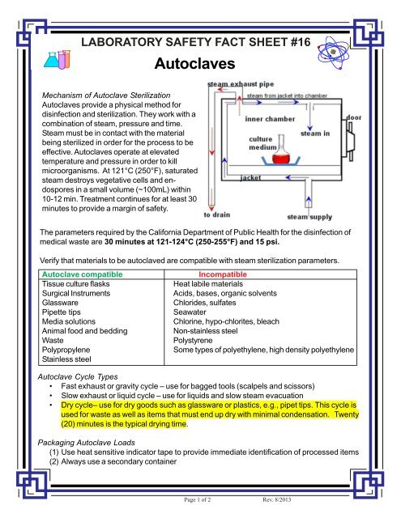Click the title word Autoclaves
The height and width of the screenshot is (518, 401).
pos(194,63)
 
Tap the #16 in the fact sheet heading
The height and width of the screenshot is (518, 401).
pos(301,42)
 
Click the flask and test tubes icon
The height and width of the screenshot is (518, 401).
pos(58,59)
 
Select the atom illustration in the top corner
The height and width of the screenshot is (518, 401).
pos(333,53)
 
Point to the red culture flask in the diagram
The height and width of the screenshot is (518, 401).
pos(281,151)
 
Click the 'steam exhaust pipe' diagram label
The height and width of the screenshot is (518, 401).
pos(241,84)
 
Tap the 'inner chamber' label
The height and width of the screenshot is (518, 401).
pos(270,119)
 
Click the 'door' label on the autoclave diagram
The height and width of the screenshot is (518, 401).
pos(354,117)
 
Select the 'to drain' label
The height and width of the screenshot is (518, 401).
pos(217,214)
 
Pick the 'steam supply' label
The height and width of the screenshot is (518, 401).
pos(309,217)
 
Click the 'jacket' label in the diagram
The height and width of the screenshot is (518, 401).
pos(250,178)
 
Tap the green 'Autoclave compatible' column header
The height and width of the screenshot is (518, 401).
pos(82,274)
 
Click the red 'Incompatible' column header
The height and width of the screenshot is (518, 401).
pos(223,274)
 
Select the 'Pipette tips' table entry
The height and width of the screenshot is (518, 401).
pos(61,312)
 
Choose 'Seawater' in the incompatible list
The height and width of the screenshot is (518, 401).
pos(190,312)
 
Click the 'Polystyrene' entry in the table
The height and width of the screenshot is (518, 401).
pos(193,340)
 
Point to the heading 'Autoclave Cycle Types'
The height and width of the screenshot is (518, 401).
pos(78,376)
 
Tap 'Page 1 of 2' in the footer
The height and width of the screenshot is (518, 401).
pos(198,499)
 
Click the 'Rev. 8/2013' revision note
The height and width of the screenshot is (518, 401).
pos(277,499)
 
